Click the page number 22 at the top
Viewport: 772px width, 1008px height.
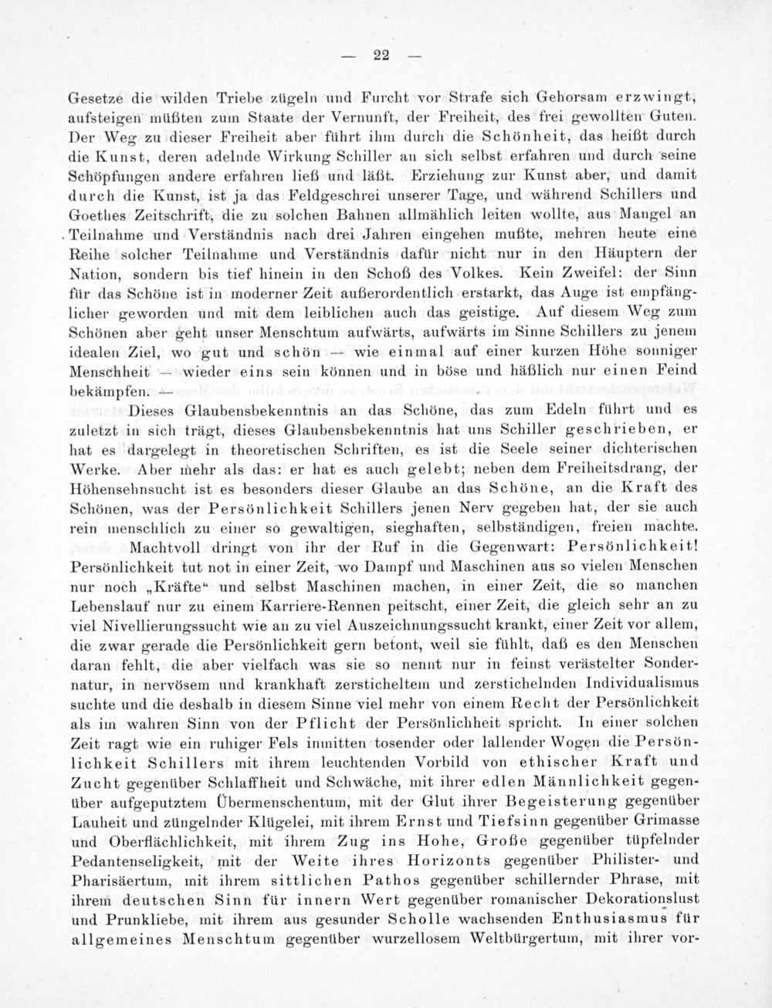click(x=380, y=54)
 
